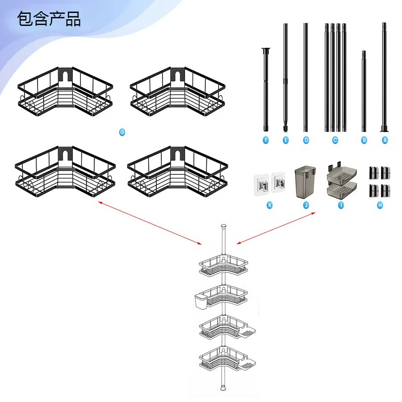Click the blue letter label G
pos(122,132)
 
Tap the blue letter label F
pos(266,140)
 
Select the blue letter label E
pos(285,140)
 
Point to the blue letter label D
pos(306,140)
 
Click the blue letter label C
pos(335,140)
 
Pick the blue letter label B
pos(364,140)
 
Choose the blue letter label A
pos(385,140)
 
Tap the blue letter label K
pos(269,205)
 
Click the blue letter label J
pos(306,205)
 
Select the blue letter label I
pos(341,205)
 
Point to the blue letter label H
pos(380,205)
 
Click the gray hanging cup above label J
pos(305,182)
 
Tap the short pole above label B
pos(364,91)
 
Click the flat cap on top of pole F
pos(266,49)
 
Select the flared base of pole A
pos(384,129)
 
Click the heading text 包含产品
pos(49,19)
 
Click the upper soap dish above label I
pos(342,174)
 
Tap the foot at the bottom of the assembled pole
pos(223,387)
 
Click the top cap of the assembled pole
pos(223,226)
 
